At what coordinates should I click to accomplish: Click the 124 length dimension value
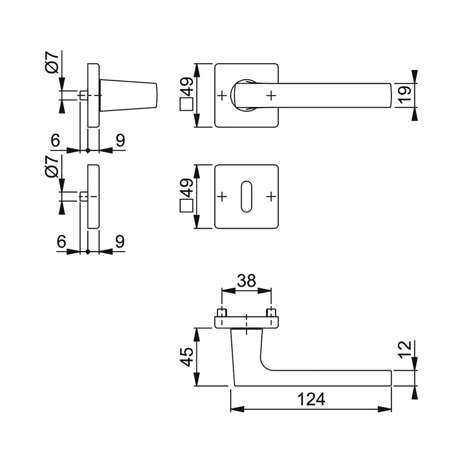click(311, 399)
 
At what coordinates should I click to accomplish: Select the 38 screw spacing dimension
click(246, 281)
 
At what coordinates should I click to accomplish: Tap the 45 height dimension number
click(187, 357)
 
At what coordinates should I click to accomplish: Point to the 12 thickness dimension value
click(405, 350)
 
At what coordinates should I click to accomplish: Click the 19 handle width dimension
click(405, 95)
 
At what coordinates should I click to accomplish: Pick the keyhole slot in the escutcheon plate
click(246, 197)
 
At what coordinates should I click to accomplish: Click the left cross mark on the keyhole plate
click(222, 197)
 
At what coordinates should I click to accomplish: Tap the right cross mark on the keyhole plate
click(271, 197)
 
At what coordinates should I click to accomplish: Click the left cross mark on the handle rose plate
click(222, 96)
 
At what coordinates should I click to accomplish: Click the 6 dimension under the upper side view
click(55, 141)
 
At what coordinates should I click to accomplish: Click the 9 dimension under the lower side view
click(120, 242)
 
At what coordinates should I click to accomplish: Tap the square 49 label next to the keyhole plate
click(187, 197)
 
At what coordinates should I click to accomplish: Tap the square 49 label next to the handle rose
click(187, 96)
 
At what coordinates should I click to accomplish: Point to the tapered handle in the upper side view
click(129, 95)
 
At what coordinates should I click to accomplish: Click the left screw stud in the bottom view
click(222, 312)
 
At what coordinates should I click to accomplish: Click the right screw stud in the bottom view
click(271, 312)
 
